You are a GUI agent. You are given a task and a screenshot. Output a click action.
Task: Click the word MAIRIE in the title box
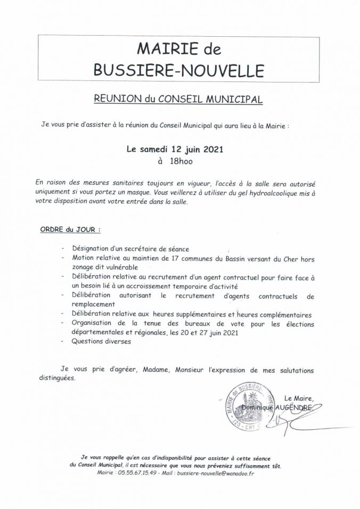pyautogui.click(x=159, y=50)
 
